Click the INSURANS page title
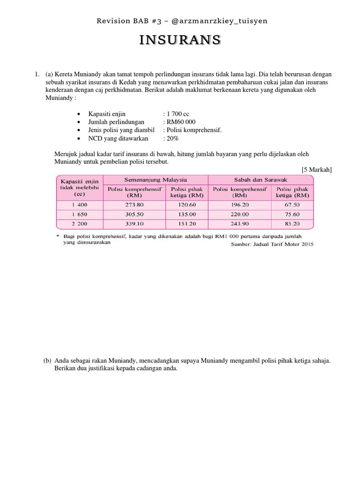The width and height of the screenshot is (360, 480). (180, 41)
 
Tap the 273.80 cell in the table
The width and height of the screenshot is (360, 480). (134, 205)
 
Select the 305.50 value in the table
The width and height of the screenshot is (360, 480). (134, 214)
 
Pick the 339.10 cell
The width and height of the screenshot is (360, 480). (134, 224)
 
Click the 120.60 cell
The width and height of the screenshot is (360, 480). (187, 205)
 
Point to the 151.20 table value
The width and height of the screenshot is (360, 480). (187, 224)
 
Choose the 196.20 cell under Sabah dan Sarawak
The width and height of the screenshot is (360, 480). (240, 205)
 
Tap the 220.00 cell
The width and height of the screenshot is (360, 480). (240, 214)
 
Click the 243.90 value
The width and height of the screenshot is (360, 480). (240, 224)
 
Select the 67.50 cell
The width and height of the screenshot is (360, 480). (292, 205)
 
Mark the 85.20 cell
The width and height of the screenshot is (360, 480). (292, 224)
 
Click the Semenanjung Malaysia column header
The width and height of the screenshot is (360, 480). (155, 180)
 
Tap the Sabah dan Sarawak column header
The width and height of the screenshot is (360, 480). (261, 180)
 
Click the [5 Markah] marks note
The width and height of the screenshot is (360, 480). (316, 169)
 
